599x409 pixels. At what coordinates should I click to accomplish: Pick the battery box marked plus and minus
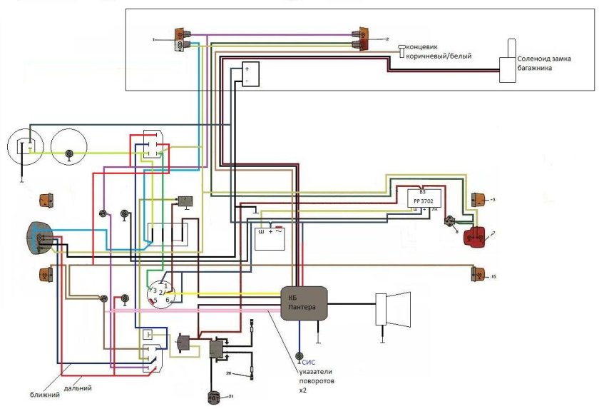pos(250,74)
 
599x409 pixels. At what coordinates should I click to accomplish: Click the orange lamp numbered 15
pos(476,274)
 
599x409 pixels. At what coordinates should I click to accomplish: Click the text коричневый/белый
pos(439,56)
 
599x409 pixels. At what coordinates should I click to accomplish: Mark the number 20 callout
pos(229,373)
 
